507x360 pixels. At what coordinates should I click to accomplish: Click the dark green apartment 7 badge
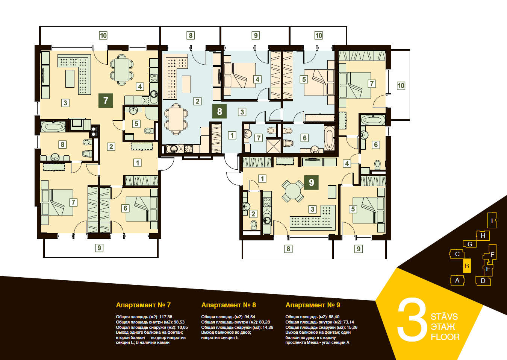pyautogui.click(x=106, y=100)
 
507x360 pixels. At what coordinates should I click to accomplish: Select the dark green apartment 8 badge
pyautogui.click(x=219, y=111)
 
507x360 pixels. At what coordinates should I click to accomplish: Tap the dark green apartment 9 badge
pyautogui.click(x=311, y=182)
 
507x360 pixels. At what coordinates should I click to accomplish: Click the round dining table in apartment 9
pyautogui.click(x=293, y=191)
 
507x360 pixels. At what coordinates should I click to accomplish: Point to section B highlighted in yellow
pyautogui.click(x=467, y=266)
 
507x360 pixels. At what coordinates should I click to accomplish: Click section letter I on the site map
pyautogui.click(x=492, y=220)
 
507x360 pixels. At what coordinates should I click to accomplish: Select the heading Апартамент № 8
pyautogui.click(x=229, y=305)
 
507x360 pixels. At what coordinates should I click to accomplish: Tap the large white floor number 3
pyautogui.click(x=412, y=320)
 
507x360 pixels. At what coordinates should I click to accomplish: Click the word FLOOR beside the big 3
pyautogui.click(x=445, y=337)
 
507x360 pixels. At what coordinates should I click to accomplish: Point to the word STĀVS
pyautogui.click(x=444, y=316)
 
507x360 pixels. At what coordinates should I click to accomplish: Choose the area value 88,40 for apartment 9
pyautogui.click(x=333, y=317)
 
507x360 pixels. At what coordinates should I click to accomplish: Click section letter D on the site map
pyautogui.click(x=483, y=281)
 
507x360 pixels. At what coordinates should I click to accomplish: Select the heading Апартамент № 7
pyautogui.click(x=143, y=305)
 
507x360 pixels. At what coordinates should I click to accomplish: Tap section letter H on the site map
pyautogui.click(x=483, y=235)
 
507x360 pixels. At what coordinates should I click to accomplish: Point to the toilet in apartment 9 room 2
pyautogui.click(x=254, y=225)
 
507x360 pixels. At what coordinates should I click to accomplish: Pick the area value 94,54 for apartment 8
pyautogui.click(x=249, y=317)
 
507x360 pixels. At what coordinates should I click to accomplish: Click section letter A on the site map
pyautogui.click(x=457, y=281)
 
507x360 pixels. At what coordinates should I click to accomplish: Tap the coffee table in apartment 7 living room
pyautogui.click(x=70, y=79)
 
